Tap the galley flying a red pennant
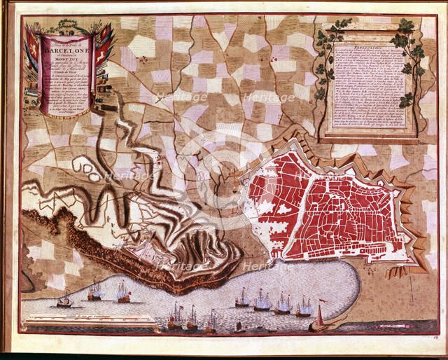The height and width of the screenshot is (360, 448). (320, 322)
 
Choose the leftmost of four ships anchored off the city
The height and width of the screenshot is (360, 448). (242, 299)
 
